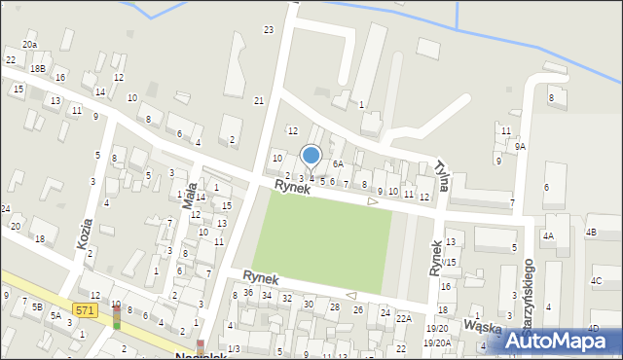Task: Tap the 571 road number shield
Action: [86, 310]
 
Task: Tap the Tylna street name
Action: [443, 174]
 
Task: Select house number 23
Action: [269, 30]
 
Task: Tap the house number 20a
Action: [30, 45]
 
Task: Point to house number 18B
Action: [38, 68]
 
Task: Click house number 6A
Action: [338, 164]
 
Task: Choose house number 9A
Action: [521, 146]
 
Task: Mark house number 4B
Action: [592, 233]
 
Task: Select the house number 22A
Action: [404, 318]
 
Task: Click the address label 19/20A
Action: [437, 342]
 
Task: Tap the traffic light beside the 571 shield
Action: [117, 317]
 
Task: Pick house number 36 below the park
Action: [249, 293]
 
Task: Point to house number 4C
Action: [596, 281]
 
